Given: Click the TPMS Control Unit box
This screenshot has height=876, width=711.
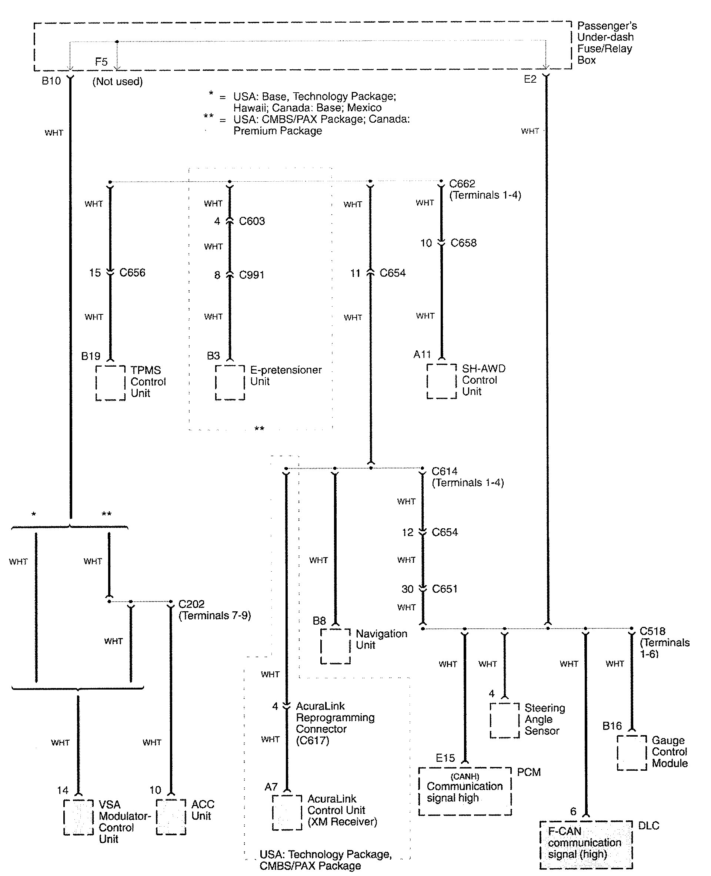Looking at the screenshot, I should point(110,383).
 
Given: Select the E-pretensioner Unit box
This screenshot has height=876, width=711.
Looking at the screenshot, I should point(230,382).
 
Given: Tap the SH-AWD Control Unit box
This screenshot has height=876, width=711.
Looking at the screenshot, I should point(441,381).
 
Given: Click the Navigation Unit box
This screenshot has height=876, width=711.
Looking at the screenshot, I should point(335,646).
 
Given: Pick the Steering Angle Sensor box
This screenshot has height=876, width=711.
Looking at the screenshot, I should point(505,720).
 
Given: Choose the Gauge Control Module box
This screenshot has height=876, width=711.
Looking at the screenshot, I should point(631,753).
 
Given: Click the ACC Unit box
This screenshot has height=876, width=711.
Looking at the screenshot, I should point(171,817).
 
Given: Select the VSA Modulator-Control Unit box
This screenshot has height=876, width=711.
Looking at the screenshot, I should point(78,817).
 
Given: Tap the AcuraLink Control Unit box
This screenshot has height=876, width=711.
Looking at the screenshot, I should point(287,813).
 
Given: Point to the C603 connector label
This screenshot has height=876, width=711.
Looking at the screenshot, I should point(252,221).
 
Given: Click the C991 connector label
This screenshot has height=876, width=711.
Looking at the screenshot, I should point(251,275).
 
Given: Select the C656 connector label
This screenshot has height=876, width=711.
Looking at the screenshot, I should point(132,272).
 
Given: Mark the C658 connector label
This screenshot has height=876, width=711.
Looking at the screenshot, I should point(464,243).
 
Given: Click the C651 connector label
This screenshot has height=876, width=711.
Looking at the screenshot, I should point(445,589).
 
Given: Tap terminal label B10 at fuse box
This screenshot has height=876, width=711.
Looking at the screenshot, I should point(51,81).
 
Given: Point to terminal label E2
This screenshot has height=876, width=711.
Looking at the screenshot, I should point(530,79).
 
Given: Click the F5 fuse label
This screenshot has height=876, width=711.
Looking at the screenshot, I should point(101,62).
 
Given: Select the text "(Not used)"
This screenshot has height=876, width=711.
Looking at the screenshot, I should point(117,82).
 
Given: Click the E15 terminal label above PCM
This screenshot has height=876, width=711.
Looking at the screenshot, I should point(445,758).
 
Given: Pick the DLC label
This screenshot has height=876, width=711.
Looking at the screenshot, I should point(649,826).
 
